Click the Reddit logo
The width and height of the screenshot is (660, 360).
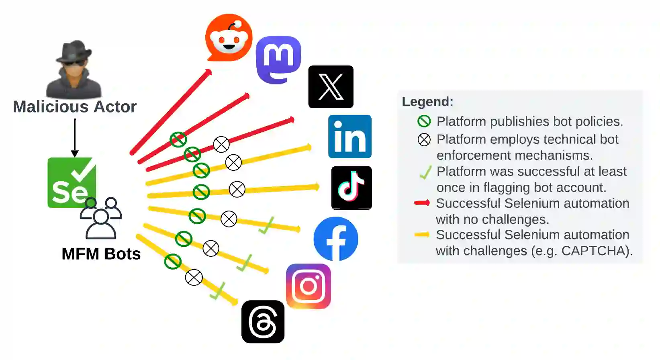pos(229,38)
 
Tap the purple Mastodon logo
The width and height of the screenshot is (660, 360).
pos(278,59)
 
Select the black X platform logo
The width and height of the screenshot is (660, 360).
pos(331,87)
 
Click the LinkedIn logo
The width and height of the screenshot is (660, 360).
pos(349,137)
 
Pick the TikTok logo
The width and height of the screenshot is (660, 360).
pos(351,188)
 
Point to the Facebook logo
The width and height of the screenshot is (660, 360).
pos(336,239)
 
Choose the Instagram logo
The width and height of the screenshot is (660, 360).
pos(309,286)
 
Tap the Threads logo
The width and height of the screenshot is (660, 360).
pos(263,322)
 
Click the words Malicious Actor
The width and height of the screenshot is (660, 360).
pos(75,107)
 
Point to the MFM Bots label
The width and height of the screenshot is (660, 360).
pos(101,254)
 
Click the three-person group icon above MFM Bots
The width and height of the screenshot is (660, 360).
pos(101,218)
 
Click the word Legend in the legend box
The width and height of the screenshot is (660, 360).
pos(427,102)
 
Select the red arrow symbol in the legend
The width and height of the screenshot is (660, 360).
pos(422,203)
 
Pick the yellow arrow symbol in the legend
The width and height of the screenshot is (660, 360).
pos(422,235)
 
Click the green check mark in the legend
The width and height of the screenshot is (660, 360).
pos(425,172)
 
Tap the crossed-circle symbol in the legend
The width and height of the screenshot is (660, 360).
pos(424,140)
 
